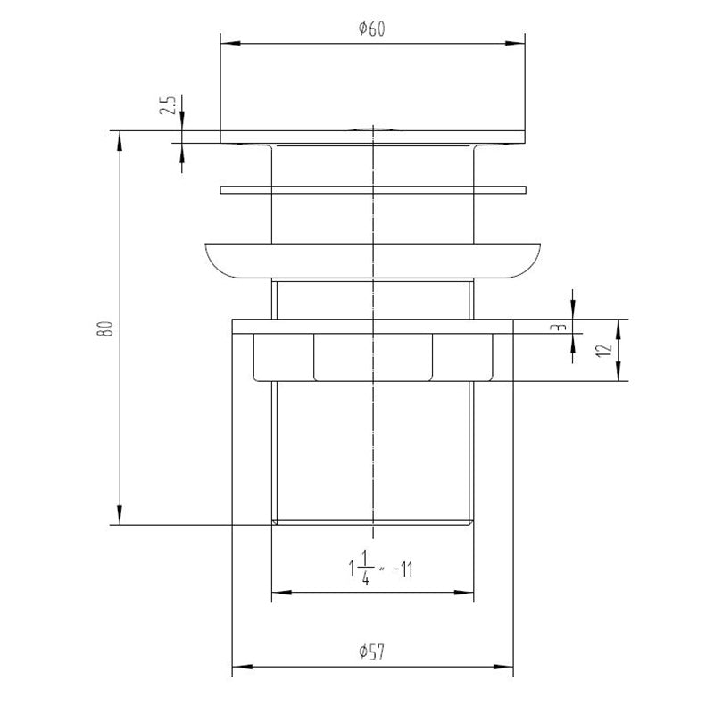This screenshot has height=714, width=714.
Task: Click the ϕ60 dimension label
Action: [x=371, y=29]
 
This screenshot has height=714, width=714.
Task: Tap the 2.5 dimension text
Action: [x=168, y=105]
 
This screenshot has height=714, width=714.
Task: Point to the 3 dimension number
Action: [x=560, y=327]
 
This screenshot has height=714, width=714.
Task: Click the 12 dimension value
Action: [x=604, y=350]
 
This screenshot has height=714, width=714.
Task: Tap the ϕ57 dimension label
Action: [x=371, y=652]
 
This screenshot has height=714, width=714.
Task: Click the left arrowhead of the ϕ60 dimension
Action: [x=230, y=43]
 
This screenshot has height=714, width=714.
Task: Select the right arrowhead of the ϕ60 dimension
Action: [x=515, y=43]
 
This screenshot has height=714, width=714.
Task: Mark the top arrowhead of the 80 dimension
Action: [x=120, y=141]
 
